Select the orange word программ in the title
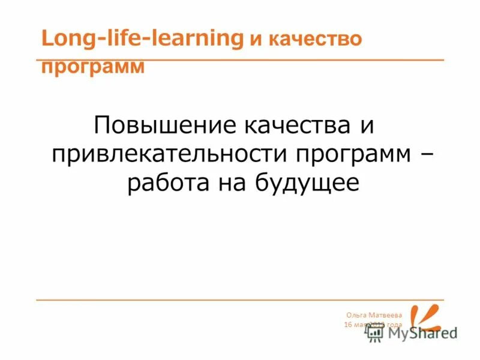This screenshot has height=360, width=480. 93,66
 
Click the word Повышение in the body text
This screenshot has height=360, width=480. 163,125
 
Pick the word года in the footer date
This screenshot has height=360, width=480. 394,325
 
